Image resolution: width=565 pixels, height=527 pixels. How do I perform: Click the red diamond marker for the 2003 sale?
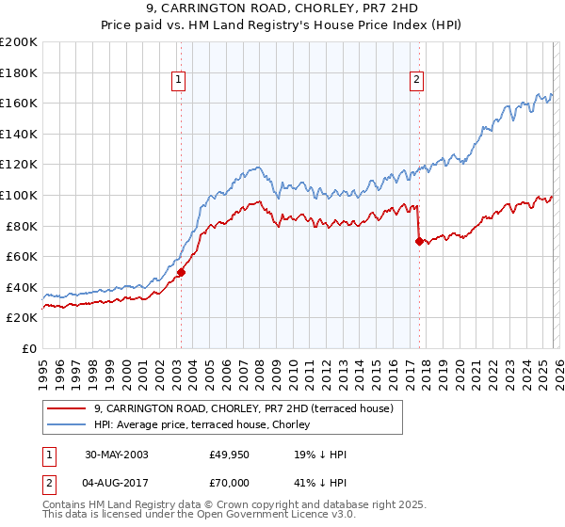[x=181, y=272]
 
